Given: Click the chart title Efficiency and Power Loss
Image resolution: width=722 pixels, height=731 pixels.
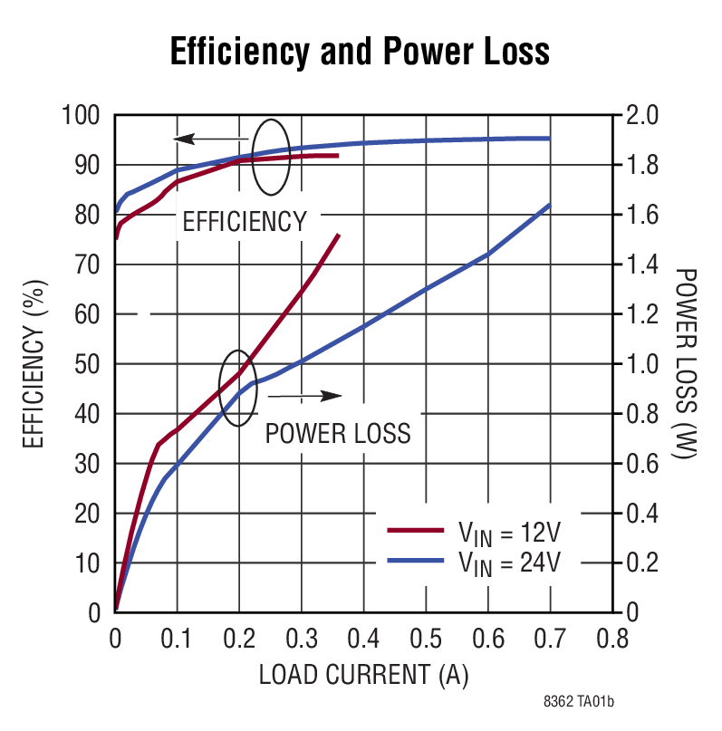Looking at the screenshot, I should pos(360,52).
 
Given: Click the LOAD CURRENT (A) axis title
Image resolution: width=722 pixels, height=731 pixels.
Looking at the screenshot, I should pos(363,675).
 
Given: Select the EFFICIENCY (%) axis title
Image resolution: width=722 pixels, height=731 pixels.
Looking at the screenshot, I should pos(34,365).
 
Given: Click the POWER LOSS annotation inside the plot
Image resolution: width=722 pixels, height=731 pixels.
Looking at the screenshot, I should pos(338,433).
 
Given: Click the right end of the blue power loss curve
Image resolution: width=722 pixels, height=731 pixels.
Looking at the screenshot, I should pos(549,206).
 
